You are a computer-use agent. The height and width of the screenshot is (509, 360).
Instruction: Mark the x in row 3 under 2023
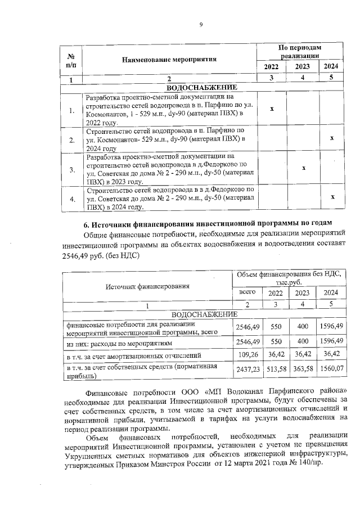click(x=303, y=168)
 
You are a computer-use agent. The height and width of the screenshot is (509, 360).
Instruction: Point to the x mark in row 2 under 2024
click(x=332, y=138)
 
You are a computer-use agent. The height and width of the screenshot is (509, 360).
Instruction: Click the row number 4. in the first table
click(x=71, y=199)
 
